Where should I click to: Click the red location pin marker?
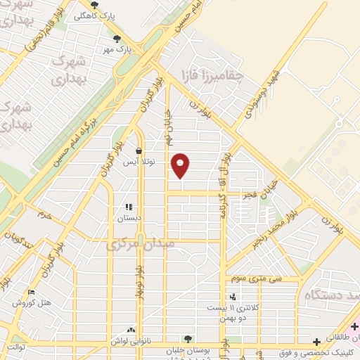coord(181,165)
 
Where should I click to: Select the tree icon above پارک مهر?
coord(117,38)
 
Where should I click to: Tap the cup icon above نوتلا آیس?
coord(139,151)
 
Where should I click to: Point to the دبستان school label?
coord(129,218)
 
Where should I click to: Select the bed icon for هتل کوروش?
coord(30,292)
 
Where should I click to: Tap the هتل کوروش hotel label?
coord(32,303)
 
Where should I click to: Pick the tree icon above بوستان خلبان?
coord(186,339)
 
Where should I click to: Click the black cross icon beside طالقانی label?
coord(317,341)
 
